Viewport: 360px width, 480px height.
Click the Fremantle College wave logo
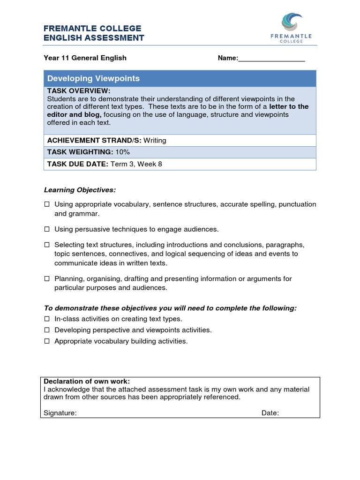pos(292,22)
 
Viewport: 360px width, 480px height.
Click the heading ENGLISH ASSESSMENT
pos(94,38)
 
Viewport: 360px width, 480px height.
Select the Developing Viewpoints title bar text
pos(93,78)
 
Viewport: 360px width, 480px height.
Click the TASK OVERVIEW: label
pos(79,90)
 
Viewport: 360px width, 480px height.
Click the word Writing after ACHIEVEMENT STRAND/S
pos(155,140)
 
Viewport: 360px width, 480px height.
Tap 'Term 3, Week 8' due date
pos(136,164)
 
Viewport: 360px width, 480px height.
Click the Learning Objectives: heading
pos(80,190)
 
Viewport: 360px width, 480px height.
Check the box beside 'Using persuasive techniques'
pos(47,229)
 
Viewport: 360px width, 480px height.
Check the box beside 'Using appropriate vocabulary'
pos(47,204)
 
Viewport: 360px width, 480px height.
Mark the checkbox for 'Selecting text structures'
pos(47,245)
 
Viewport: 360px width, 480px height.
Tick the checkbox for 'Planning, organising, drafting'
pos(47,279)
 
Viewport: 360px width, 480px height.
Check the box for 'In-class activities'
pos(47,319)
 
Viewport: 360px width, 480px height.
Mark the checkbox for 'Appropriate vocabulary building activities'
pos(47,341)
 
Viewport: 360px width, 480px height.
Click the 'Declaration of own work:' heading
pos(87,381)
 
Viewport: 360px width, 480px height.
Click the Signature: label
pos(60,413)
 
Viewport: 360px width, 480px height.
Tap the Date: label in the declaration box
pos(270,413)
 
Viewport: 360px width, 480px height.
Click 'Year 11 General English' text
pos(85,58)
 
